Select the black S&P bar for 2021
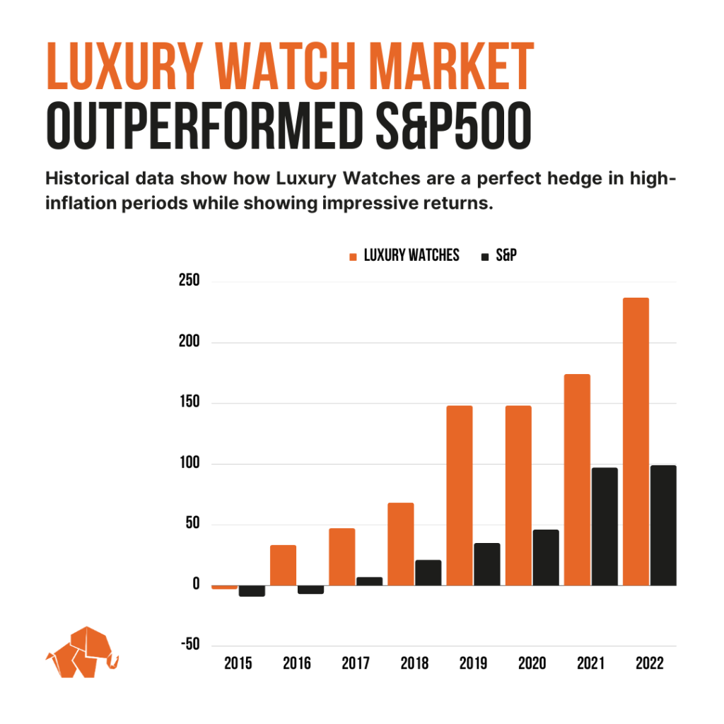click(x=605, y=526)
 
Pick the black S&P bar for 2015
click(x=252, y=591)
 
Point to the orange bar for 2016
click(x=283, y=565)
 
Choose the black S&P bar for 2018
click(x=428, y=573)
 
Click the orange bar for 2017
click(x=342, y=556)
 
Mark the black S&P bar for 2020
click(x=546, y=557)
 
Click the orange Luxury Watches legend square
click(x=354, y=256)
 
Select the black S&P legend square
click(x=484, y=256)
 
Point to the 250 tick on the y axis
click(x=189, y=281)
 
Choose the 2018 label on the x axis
click(x=414, y=665)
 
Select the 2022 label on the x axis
click(x=650, y=665)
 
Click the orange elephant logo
click(x=82, y=652)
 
